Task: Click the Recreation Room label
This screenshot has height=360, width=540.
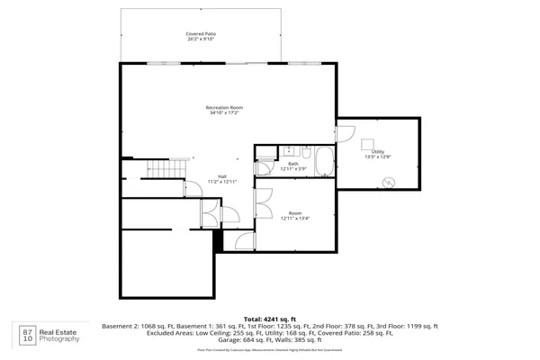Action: coord(225,107)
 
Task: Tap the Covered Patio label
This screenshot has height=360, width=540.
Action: coord(202,34)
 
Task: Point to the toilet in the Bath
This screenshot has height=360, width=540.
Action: coord(305,150)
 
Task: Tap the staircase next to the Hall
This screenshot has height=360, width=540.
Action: coord(160,169)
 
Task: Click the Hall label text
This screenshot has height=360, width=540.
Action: coord(221,176)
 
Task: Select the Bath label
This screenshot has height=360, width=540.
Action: coord(293,164)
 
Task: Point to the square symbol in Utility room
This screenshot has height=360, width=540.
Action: coord(367,142)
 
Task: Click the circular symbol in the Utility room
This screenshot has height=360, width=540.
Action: coord(388,182)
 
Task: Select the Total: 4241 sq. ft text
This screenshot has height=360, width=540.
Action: coord(269,319)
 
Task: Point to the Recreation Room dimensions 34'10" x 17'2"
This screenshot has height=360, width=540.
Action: coord(225,113)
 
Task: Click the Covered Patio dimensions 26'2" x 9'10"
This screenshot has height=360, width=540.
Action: coord(202,40)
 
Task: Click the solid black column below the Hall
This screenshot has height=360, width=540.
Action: coord(217,240)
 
